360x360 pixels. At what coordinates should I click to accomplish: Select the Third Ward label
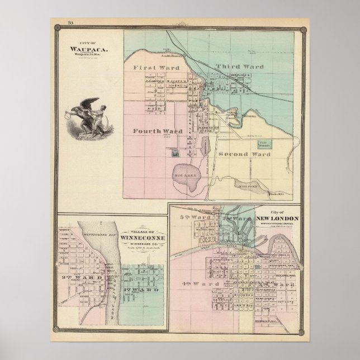pyautogui.click(x=239, y=66)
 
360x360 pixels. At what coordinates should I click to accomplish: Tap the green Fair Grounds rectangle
pyautogui.click(x=264, y=144)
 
